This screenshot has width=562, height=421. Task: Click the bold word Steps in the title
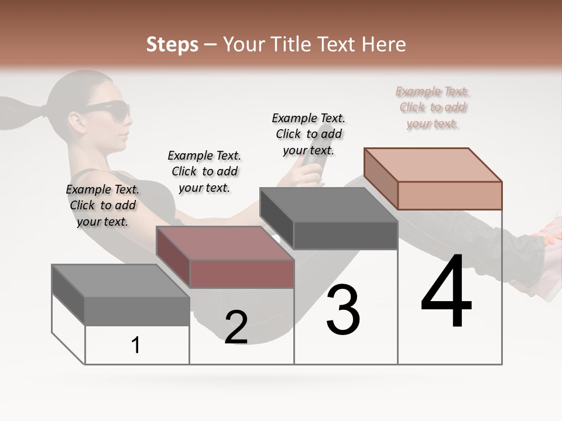172,44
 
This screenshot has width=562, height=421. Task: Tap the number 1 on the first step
136,345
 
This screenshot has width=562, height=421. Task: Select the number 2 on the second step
236,327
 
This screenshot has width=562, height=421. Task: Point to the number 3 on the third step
343,310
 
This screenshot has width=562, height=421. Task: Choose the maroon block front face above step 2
242,274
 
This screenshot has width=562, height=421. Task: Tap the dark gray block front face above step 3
345,235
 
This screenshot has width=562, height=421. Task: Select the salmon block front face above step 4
450,195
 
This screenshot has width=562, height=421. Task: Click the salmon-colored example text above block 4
432,108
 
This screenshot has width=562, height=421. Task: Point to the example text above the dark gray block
309,134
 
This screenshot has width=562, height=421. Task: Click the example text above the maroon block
204,171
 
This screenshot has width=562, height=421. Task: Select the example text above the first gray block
102,205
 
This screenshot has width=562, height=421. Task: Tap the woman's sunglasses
108,110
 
